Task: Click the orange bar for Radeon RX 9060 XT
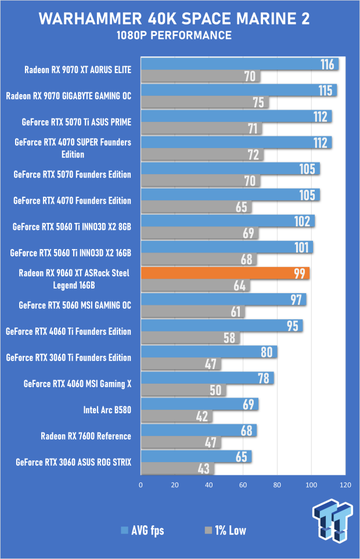coord(225,273)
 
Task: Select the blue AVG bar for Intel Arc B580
coord(199,404)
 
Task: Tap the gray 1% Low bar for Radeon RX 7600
coord(181,442)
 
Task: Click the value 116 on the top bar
coord(327,64)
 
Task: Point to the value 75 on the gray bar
coord(258,102)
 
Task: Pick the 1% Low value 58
coord(229,338)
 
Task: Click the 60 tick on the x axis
coord(243,485)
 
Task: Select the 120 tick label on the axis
coord(345,485)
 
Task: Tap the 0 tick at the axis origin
coord(141,485)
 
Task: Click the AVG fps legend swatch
coord(124,530)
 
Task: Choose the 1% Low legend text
coord(231,530)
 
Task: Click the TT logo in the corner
coord(333,521)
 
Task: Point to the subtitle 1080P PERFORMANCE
coord(174,35)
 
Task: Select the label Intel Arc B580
coord(107,410)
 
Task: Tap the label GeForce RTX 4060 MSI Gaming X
coord(77,384)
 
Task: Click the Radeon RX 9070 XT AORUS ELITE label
coord(78,70)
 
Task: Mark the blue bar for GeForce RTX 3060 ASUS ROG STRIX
coord(196,456)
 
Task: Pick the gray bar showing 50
coord(183,390)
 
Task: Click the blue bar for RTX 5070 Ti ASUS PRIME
coord(236,116)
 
